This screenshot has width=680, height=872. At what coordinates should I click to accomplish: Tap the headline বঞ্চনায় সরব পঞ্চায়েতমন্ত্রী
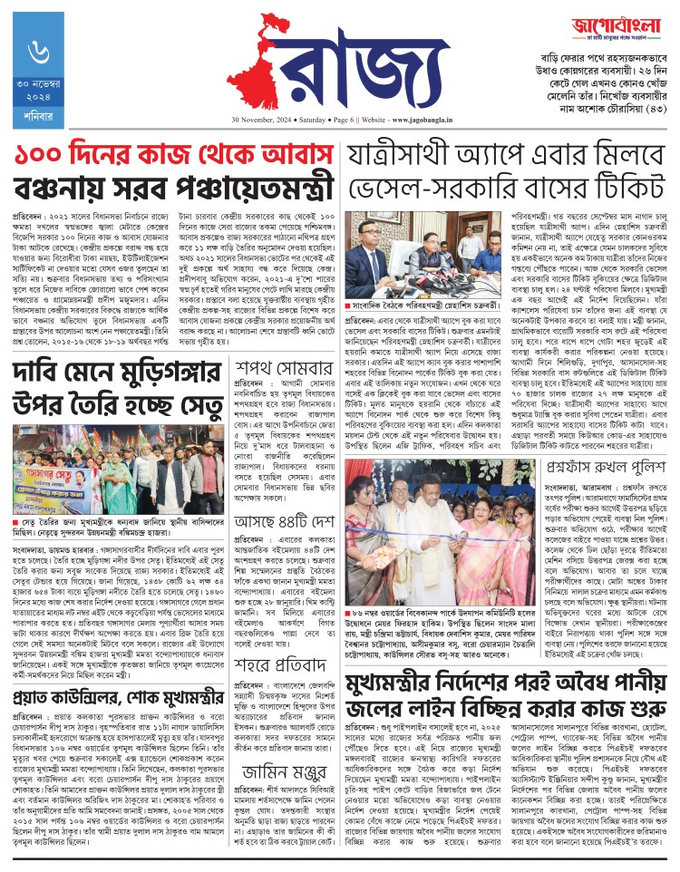(x=172, y=189)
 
